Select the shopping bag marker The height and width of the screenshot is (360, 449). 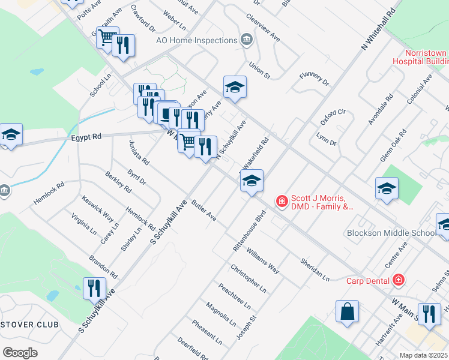tap(347, 311)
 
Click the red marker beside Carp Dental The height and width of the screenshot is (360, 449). tap(397, 280)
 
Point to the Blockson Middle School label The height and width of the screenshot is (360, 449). tap(391, 233)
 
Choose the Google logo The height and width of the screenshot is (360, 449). tap(20, 352)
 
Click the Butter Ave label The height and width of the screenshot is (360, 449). tap(204, 211)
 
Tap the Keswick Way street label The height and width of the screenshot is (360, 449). tap(98, 207)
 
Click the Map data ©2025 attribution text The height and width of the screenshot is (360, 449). tap(423, 355)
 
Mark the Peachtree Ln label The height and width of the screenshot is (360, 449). tap(235, 296)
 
